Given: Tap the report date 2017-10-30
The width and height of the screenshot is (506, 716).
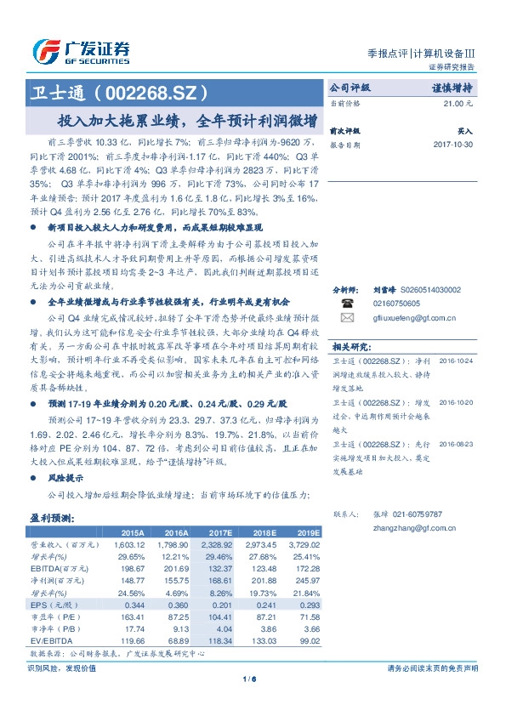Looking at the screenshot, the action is coord(452,145).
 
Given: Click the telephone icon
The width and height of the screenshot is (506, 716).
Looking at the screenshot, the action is coord(346,302).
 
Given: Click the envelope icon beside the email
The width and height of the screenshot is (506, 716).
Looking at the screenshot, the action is coord(346,318).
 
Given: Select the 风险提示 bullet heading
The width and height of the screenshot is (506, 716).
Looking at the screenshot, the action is coord(67,477).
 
